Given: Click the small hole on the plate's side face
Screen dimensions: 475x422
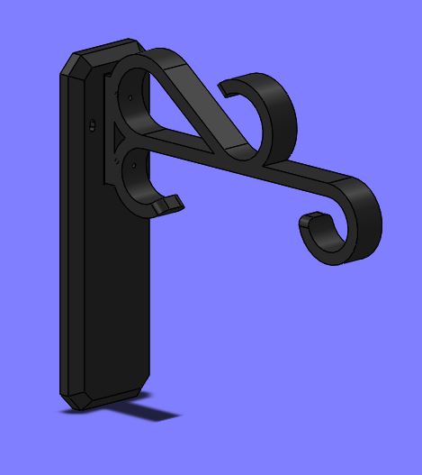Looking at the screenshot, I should pyautogui.click(x=92, y=125).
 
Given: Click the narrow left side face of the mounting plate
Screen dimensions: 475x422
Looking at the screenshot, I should pyautogui.click(x=70, y=243).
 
